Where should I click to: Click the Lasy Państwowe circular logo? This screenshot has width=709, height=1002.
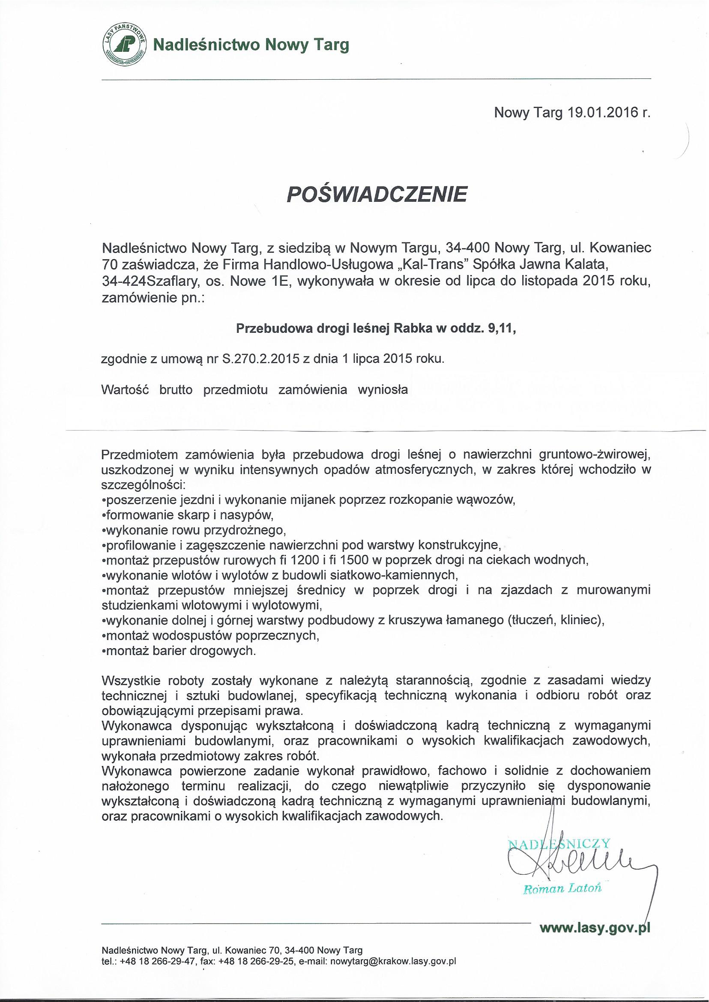[125, 45]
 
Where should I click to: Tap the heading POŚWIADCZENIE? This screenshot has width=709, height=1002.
[376, 194]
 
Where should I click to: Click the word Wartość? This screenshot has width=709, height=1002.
[125, 390]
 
